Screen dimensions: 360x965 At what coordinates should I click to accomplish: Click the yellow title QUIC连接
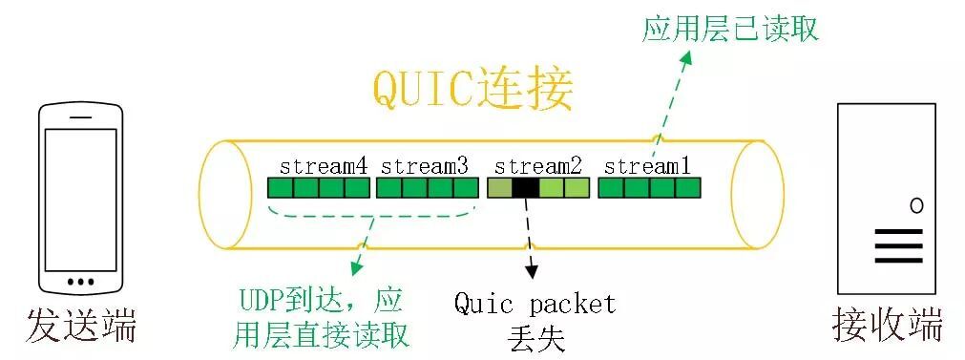click(472, 93)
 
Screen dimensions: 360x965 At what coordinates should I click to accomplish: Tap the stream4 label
click(323, 165)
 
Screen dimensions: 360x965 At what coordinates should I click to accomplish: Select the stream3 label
click(425, 165)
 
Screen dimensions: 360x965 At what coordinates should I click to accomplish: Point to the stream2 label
click(538, 165)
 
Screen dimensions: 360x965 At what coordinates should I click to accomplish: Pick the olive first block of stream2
click(500, 188)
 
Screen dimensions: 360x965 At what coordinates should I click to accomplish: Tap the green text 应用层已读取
click(730, 29)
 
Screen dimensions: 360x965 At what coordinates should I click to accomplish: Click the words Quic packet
click(535, 305)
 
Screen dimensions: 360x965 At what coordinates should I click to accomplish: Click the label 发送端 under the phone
click(81, 326)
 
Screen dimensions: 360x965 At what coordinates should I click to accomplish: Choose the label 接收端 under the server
click(888, 326)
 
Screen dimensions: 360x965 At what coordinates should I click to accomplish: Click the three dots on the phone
click(81, 283)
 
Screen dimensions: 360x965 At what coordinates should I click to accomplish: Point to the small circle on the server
click(916, 205)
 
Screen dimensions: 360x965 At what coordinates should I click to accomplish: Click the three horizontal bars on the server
click(898, 244)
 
